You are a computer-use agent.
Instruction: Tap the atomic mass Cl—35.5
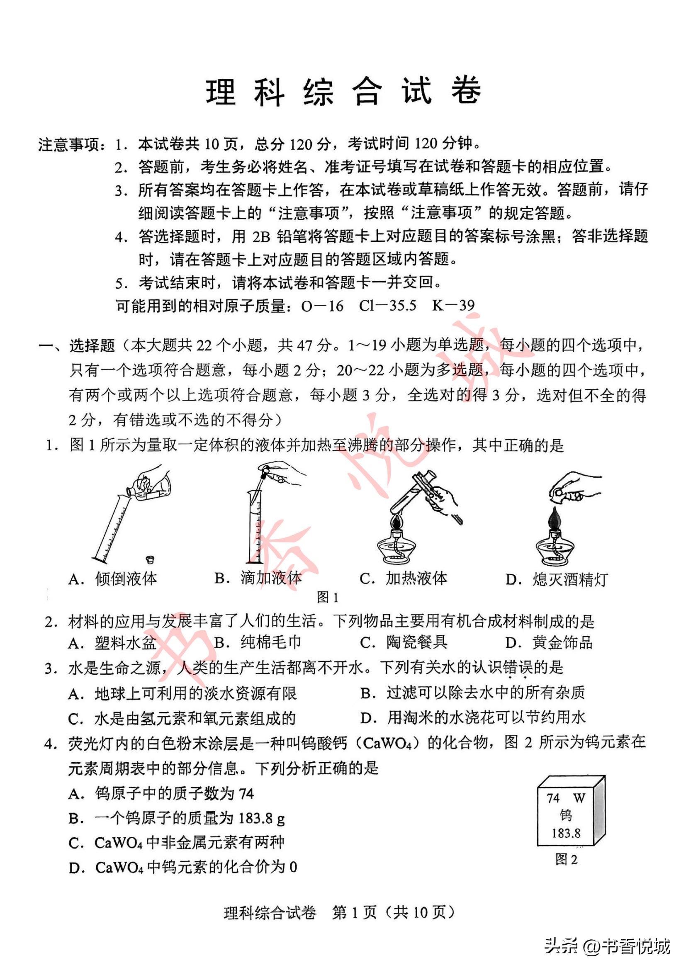pos(387,306)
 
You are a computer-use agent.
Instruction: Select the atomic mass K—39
pos(453,306)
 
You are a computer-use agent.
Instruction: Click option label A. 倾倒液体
pos(113,579)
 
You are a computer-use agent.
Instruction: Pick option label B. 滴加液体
pos(258,578)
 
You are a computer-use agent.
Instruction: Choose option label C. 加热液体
pos(404,578)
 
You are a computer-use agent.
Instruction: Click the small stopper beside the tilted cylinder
pos(150,560)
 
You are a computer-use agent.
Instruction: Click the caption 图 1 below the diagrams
pos(327,597)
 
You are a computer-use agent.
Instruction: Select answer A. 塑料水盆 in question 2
pos(113,642)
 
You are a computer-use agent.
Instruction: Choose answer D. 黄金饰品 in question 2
pos(549,642)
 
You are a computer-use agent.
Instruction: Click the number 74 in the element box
pos(553,798)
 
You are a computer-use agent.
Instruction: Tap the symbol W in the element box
pos(579,798)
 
